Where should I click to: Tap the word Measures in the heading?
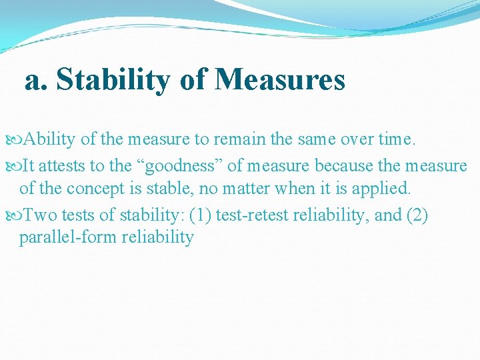pyautogui.click(x=280, y=81)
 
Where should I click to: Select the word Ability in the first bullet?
pyautogui.click(x=50, y=140)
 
